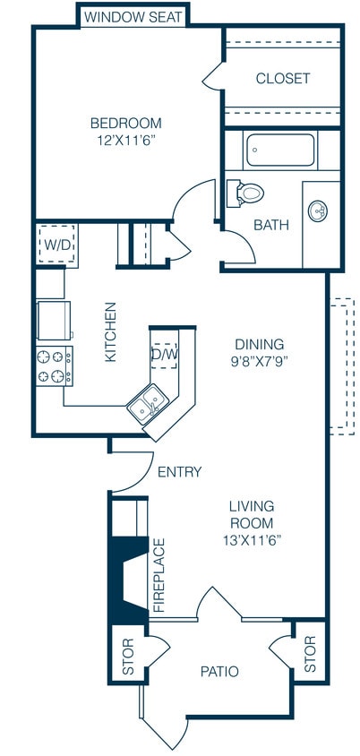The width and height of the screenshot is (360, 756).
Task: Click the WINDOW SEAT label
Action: point(133,17)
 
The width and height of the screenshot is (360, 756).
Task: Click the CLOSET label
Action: point(282,79)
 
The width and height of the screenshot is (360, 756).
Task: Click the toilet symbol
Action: point(246,192)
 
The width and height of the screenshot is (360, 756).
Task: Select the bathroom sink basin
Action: point(318,210)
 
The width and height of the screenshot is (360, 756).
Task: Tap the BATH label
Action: point(270,224)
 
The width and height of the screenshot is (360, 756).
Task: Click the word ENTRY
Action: point(179,472)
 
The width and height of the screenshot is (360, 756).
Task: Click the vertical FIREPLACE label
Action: point(160,575)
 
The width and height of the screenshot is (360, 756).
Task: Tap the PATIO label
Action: point(219,671)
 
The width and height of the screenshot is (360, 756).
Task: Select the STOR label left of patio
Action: point(127,657)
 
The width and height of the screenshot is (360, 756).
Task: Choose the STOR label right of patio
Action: point(310,655)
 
